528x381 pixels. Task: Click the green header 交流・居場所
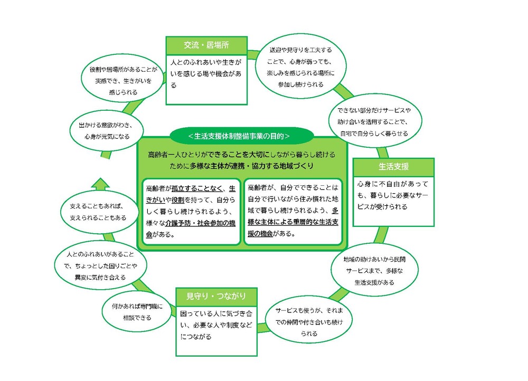coord(206,45)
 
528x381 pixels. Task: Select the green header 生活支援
coord(393,167)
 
